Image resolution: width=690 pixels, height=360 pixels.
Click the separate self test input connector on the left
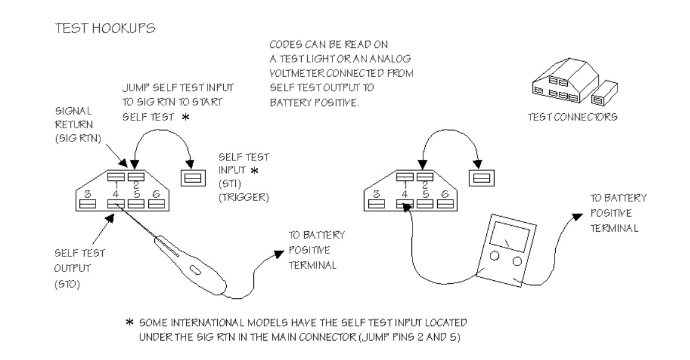194,178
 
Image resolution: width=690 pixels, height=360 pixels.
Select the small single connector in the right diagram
481,178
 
